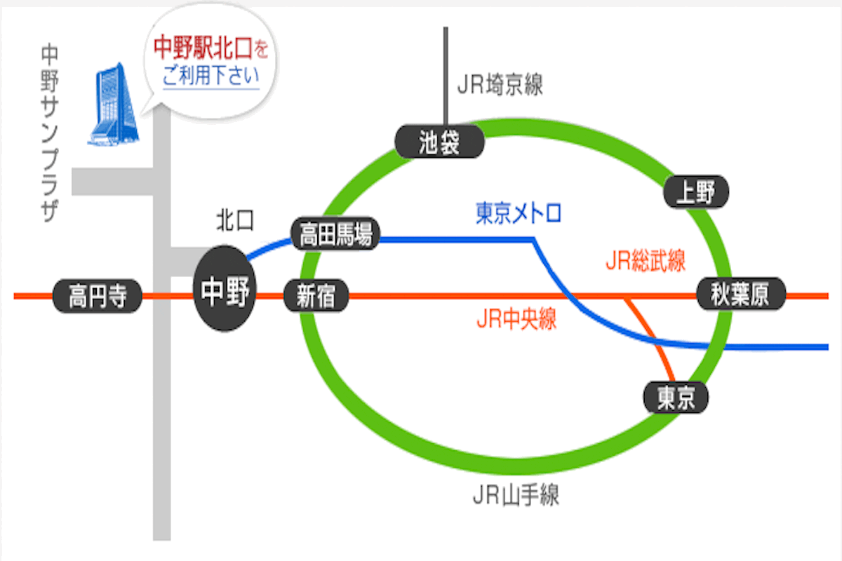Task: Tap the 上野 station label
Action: [x=695, y=191]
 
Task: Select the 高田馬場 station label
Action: [x=335, y=234]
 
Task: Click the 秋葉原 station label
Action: [x=740, y=294]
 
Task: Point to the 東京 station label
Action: [x=676, y=398]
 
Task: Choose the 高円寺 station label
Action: [x=98, y=297]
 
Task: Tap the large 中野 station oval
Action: [x=225, y=290]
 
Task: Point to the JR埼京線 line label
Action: [x=500, y=86]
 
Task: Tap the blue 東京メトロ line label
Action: [x=519, y=212]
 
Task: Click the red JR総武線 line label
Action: [x=645, y=262]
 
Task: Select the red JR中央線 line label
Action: [x=516, y=320]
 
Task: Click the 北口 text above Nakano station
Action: [x=234, y=221]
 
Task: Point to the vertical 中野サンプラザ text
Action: [x=49, y=133]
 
